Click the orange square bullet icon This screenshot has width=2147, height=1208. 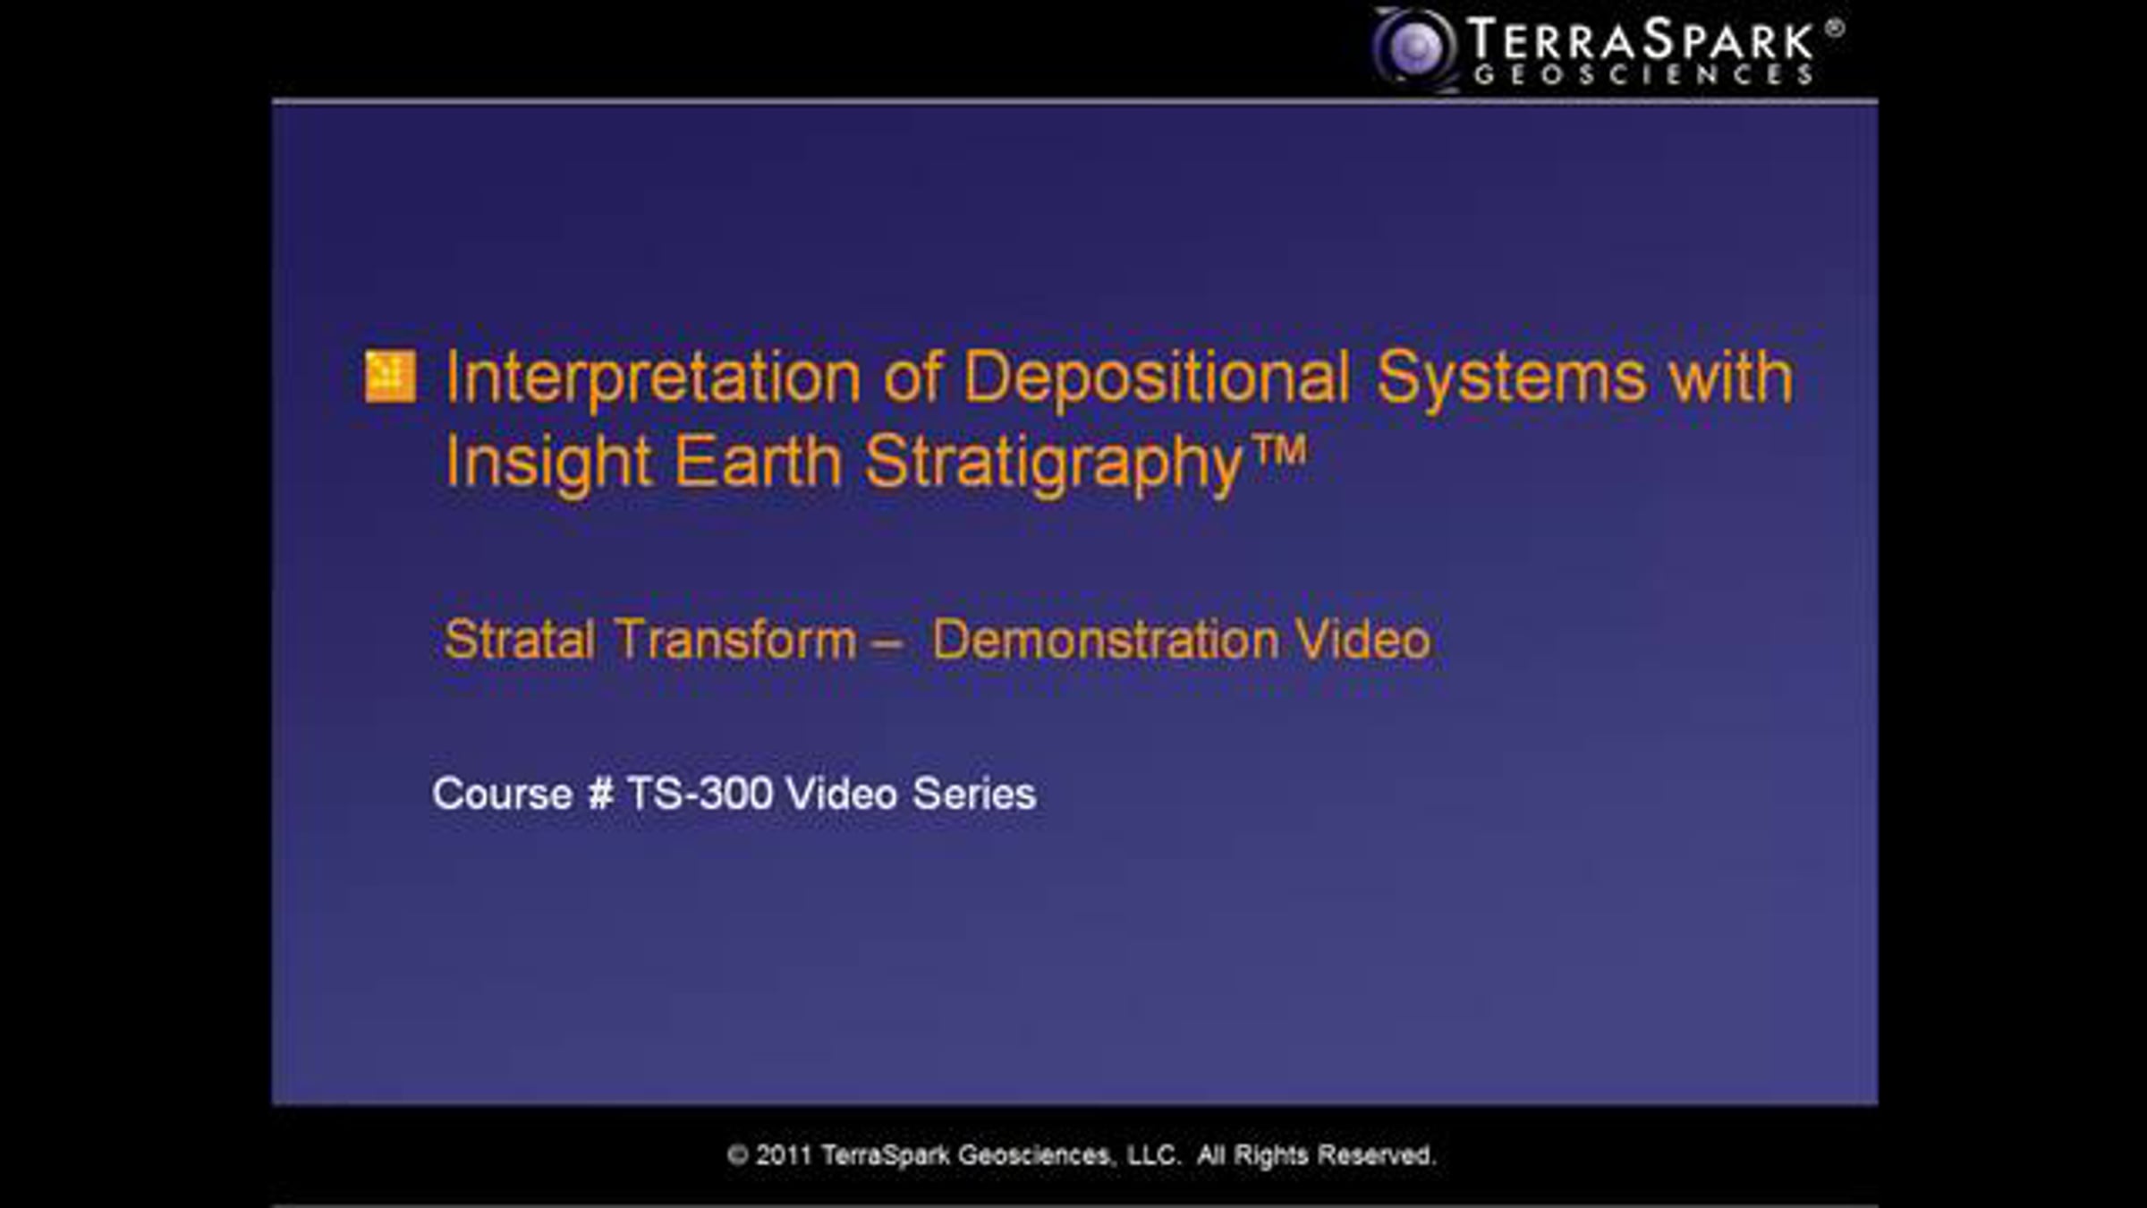pyautogui.click(x=390, y=376)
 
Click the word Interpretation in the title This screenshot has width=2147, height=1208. pyautogui.click(x=653, y=378)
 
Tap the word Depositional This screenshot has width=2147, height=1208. pyautogui.click(x=1157, y=376)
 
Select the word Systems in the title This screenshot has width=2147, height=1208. pyautogui.click(x=1511, y=378)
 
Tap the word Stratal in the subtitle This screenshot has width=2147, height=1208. pyautogui.click(x=520, y=640)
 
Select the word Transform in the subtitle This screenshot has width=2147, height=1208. pyautogui.click(x=735, y=640)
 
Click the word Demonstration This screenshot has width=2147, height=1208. pyautogui.click(x=1106, y=640)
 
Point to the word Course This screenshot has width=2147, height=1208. pyautogui.click(x=502, y=794)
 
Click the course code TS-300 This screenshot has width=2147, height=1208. pyautogui.click(x=700, y=794)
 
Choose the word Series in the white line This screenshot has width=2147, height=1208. pyautogui.click(x=974, y=794)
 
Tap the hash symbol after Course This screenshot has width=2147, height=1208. pyautogui.click(x=600, y=794)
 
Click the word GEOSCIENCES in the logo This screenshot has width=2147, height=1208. pyautogui.click(x=1643, y=74)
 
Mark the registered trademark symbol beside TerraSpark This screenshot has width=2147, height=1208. pyautogui.click(x=1834, y=28)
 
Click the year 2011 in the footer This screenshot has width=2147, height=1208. pyautogui.click(x=784, y=1155)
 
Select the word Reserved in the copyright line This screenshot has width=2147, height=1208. pyautogui.click(x=1376, y=1155)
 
